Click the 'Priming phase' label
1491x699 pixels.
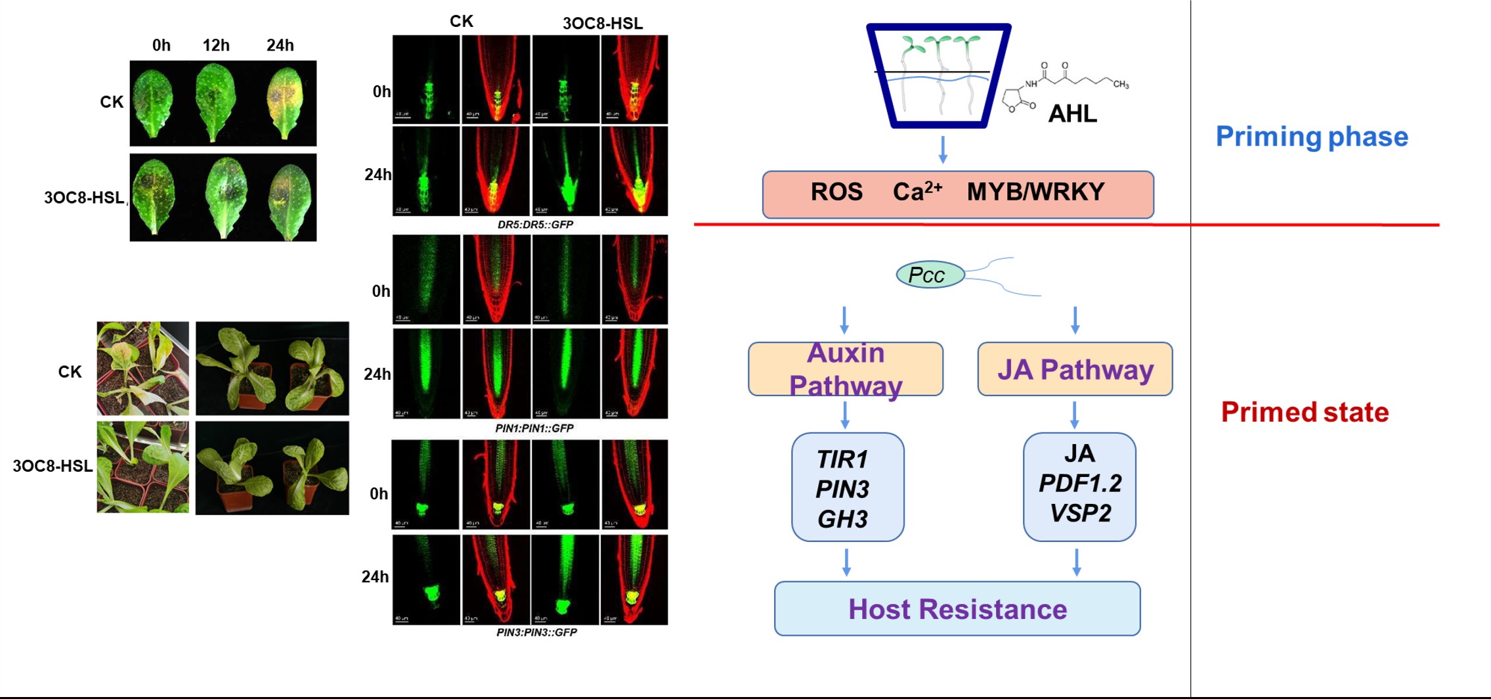click(x=1311, y=137)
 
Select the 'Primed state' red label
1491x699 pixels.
click(x=1305, y=413)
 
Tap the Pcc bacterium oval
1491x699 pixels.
click(x=930, y=275)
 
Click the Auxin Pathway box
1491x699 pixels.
click(x=845, y=369)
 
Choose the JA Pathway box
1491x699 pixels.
click(x=1075, y=369)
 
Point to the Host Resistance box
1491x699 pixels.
click(x=957, y=609)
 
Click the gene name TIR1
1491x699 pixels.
click(x=842, y=459)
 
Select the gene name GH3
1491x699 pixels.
click(x=842, y=519)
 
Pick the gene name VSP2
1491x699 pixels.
click(x=1080, y=513)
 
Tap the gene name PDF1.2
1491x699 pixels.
click(x=1080, y=484)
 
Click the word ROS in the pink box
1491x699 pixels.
click(x=836, y=192)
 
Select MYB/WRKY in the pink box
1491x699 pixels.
click(x=1035, y=192)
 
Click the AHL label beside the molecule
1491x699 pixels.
click(x=1072, y=114)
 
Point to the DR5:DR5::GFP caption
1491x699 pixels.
click(x=535, y=225)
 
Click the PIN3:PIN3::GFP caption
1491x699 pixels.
click(x=536, y=633)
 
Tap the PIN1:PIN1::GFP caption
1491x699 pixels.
click(x=534, y=428)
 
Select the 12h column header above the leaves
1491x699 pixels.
click(x=216, y=45)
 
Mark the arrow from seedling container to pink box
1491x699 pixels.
click(x=943, y=150)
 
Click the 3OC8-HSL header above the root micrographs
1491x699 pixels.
click(x=602, y=24)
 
